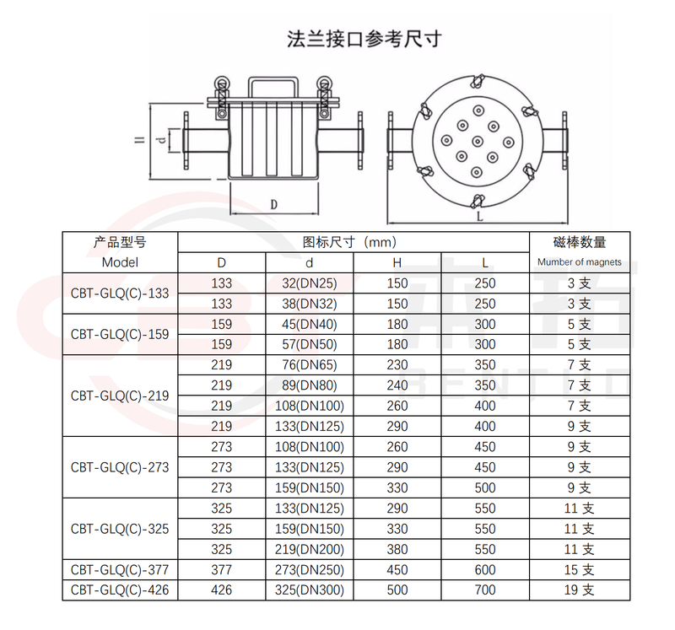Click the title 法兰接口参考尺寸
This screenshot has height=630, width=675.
pos(364,39)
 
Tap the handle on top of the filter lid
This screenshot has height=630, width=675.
pos(273,80)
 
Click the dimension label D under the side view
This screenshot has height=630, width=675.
pos(273,205)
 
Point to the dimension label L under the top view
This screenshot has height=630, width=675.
pos(480,217)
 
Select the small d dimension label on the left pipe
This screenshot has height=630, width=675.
pos(161,139)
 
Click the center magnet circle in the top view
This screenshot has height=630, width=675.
pos(478,141)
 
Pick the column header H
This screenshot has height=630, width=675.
pos(397,262)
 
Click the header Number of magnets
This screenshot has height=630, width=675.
pos(580,262)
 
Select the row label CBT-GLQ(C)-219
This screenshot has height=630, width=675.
pos(120,396)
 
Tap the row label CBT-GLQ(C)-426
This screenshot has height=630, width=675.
pos(120,590)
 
